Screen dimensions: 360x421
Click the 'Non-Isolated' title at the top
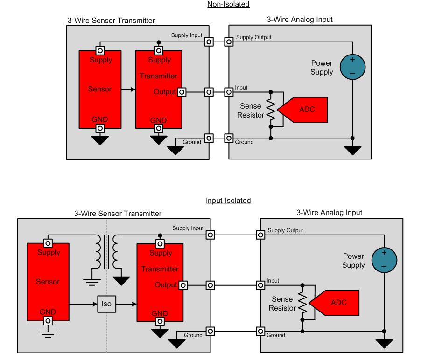click(x=228, y=4)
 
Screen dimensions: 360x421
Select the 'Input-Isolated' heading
click(x=228, y=201)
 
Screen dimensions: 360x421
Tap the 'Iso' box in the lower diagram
click(x=107, y=304)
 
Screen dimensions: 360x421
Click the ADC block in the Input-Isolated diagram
click(x=337, y=303)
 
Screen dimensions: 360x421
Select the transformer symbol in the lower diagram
click(x=106, y=252)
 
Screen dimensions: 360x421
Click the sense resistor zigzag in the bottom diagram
click(x=302, y=305)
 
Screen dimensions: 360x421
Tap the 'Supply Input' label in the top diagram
click(x=187, y=35)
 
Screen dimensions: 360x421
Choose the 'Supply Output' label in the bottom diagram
click(x=285, y=230)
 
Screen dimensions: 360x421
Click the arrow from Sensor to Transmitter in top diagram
click(x=128, y=89)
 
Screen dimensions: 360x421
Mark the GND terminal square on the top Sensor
click(x=100, y=128)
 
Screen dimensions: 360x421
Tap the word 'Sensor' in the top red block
click(x=100, y=89)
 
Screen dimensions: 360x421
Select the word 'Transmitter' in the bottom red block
click(x=160, y=269)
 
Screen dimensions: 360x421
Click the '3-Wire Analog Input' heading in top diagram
click(x=300, y=20)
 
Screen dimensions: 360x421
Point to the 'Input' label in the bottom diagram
click(x=273, y=281)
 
